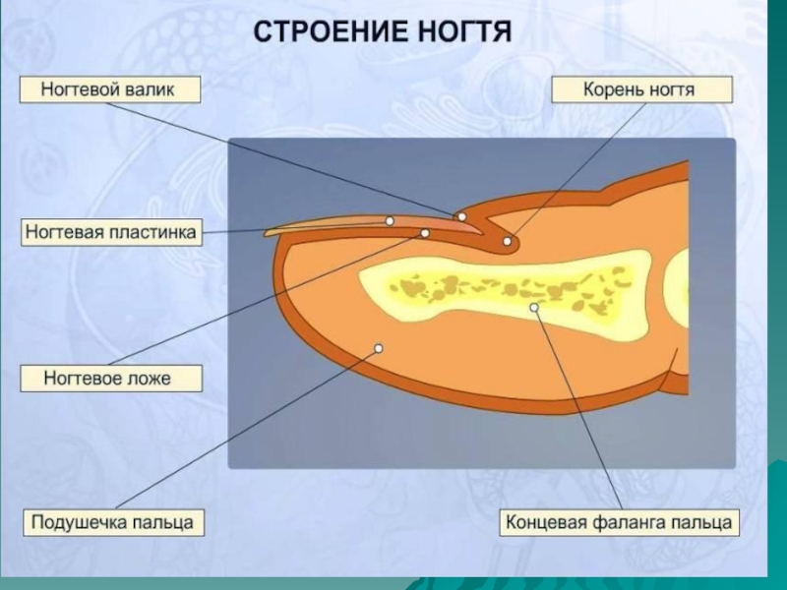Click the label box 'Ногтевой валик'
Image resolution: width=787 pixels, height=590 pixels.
pos(107,90)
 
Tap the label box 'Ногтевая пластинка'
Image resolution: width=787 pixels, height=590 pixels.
pos(112,233)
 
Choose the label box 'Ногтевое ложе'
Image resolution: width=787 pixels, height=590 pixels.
pos(108,378)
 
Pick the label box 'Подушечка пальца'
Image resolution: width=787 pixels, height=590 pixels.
pos(112,521)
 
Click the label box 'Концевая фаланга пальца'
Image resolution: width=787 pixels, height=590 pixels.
pos(620,521)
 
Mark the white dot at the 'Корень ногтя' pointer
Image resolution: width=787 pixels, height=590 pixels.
pos(508,241)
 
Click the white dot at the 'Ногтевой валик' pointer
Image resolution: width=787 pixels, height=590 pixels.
pos(460,216)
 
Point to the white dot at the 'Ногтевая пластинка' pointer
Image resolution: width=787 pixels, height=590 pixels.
pos(390,221)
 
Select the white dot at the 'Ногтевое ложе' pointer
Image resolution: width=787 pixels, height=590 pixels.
pos(425,233)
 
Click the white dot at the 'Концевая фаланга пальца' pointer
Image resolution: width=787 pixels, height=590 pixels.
pos(534,308)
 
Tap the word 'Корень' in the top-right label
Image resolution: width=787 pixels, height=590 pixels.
pos(613,90)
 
